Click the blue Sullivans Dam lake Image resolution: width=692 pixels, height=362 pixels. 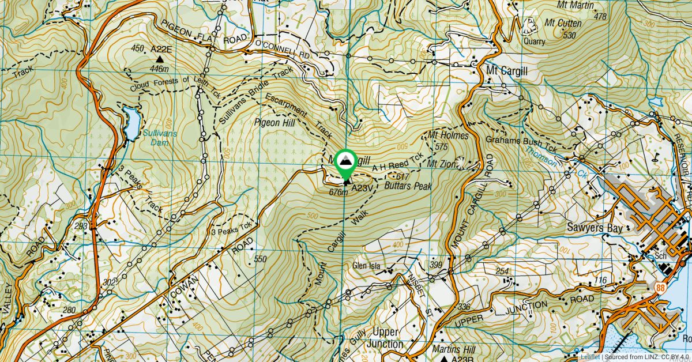132,123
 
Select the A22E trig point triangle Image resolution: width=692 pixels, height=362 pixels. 160,59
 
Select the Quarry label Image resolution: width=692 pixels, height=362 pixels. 533,42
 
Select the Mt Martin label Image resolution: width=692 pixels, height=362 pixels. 577,5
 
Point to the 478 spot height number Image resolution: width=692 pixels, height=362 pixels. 600,17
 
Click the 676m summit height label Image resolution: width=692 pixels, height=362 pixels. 338,192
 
